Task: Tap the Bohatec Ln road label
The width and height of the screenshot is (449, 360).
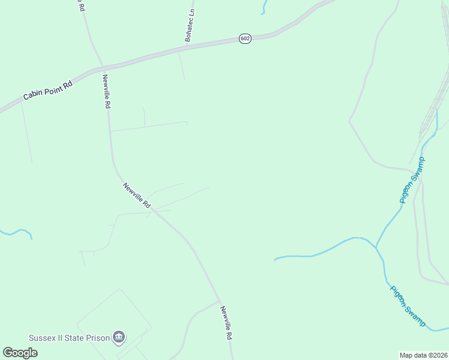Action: (190, 25)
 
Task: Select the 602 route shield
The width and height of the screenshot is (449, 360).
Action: (244, 38)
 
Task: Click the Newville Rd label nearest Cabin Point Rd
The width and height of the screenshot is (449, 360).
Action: (106, 91)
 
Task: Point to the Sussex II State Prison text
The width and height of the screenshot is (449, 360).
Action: (70, 338)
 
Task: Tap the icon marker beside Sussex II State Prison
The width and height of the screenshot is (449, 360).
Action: (119, 338)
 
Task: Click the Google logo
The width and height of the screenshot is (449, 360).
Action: (20, 353)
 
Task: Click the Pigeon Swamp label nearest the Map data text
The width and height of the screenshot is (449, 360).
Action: (408, 306)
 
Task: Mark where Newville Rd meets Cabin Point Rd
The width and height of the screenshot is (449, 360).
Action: (102, 66)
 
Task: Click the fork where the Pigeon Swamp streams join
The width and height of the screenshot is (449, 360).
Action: (376, 247)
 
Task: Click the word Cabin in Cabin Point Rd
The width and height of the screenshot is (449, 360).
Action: (33, 95)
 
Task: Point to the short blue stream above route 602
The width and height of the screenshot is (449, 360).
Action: (263, 7)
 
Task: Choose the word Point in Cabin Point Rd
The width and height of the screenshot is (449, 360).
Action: (52, 88)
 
